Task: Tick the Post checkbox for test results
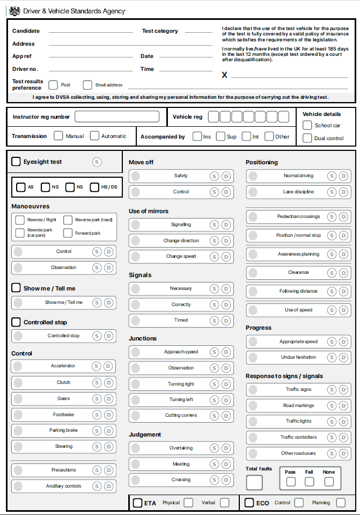point(53,85)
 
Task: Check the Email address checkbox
point(87,85)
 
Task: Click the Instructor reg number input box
point(117,117)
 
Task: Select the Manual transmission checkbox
point(58,136)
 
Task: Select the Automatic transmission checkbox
point(95,136)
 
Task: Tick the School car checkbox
point(307,125)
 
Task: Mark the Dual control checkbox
point(307,138)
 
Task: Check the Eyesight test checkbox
point(16,161)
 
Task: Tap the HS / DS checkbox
point(95,187)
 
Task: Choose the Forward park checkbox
point(68,233)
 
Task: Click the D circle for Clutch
point(109,383)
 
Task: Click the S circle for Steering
point(97,446)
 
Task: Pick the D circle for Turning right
point(226,384)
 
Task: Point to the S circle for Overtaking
point(215,448)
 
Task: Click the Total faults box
point(254,482)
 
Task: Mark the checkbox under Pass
point(291,482)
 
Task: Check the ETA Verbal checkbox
point(224,503)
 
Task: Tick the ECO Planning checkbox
point(341,503)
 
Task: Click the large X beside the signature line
point(225,75)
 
